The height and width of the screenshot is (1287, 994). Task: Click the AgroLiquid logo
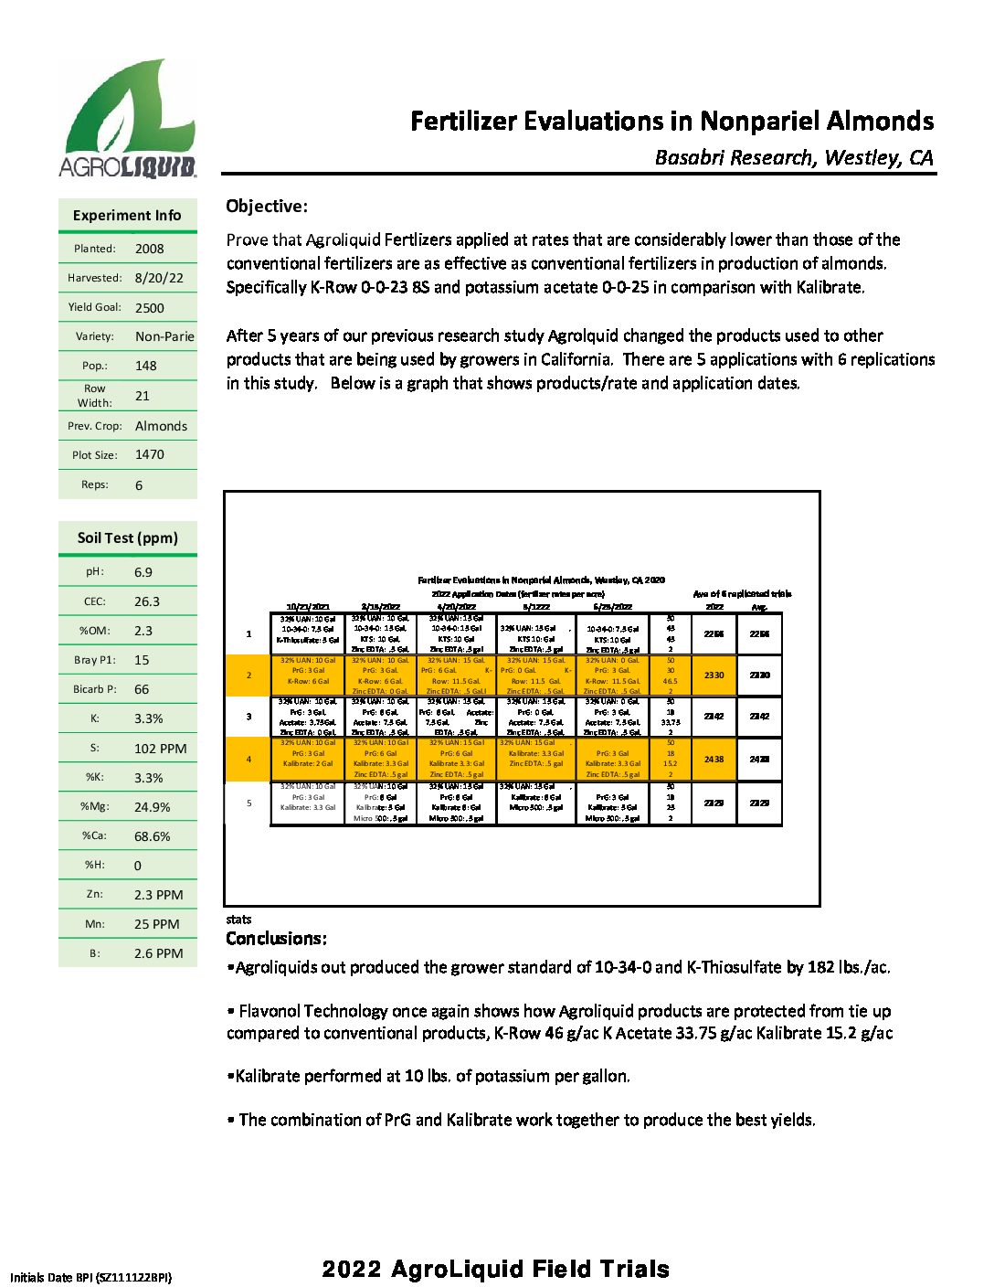click(x=128, y=120)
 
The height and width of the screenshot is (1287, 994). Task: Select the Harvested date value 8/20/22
click(x=159, y=278)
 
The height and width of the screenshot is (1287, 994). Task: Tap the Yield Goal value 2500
click(x=150, y=308)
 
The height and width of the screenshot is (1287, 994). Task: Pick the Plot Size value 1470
click(x=150, y=454)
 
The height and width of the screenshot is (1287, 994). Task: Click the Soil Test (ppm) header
click(x=128, y=537)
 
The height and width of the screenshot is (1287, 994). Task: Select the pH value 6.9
click(x=143, y=572)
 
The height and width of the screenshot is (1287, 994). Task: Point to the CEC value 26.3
click(x=147, y=601)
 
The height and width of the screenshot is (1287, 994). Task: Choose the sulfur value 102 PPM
click(x=160, y=749)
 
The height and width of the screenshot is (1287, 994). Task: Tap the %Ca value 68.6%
click(x=152, y=836)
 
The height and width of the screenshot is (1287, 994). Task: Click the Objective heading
click(x=267, y=207)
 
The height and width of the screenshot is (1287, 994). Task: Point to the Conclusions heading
click(x=276, y=939)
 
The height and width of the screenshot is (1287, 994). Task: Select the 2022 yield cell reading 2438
click(x=714, y=759)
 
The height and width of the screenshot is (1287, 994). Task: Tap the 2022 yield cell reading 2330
click(x=714, y=675)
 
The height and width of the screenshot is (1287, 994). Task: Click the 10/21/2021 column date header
click(x=308, y=606)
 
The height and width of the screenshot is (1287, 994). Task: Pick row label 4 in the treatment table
click(x=248, y=759)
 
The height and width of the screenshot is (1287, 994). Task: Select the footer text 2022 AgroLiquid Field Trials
click(x=496, y=1269)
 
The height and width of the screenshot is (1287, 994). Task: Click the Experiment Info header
click(x=127, y=216)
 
